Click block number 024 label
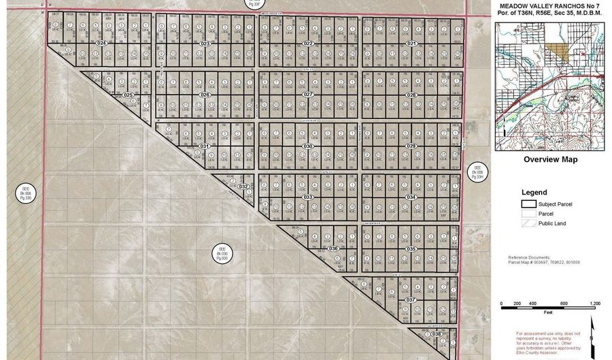(x=103, y=44)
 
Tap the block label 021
(x=411, y=44)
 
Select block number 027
(x=307, y=95)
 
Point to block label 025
(x=127, y=95)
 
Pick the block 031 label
(x=203, y=146)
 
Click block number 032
(x=243, y=186)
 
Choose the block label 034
(x=411, y=197)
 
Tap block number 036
(x=333, y=248)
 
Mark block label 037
(x=410, y=299)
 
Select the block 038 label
(x=437, y=334)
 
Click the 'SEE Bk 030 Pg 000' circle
(x=221, y=252)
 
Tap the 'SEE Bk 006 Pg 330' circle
(x=26, y=193)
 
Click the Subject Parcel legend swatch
(x=528, y=203)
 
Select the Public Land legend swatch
(x=528, y=223)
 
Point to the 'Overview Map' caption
(x=550, y=160)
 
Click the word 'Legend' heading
(x=534, y=193)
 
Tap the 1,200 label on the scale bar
(x=595, y=304)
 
